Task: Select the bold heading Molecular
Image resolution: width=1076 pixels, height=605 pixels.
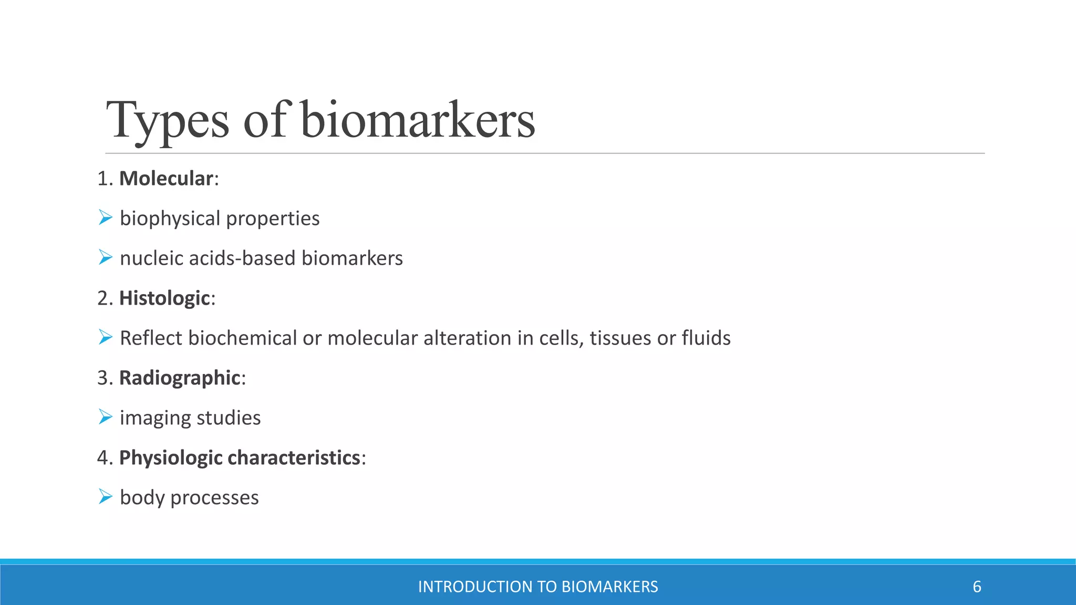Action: pos(166,179)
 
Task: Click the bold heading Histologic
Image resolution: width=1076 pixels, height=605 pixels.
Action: pos(164,298)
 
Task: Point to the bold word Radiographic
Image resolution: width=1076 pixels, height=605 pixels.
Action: pos(180,378)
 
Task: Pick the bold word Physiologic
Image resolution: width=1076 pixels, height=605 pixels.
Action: pos(171,458)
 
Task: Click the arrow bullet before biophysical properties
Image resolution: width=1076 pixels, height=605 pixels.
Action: pos(105,217)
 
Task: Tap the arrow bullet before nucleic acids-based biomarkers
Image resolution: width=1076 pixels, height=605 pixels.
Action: pos(105,257)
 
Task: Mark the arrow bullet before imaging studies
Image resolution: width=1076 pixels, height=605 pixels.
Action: pos(105,417)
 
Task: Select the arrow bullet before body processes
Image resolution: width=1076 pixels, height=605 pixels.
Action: pos(105,497)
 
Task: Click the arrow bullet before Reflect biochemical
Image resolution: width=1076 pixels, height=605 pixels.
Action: pos(105,337)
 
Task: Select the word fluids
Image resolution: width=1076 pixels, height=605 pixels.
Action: pos(706,338)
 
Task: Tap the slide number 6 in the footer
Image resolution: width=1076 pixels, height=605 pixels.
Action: pos(977,587)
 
